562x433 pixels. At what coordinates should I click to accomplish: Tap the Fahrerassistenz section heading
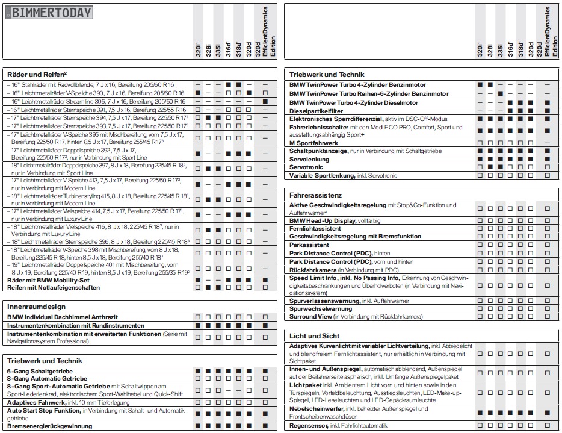(x=315, y=195)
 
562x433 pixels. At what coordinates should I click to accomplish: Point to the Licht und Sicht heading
(x=314, y=336)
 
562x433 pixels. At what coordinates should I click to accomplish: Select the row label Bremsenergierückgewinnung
(x=50, y=426)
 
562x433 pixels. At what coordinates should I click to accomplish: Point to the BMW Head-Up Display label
(x=323, y=221)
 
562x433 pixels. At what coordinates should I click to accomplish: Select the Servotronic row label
(x=307, y=167)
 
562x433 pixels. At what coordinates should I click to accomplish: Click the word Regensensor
(x=309, y=426)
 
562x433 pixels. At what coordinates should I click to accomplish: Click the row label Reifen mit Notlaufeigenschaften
(x=54, y=287)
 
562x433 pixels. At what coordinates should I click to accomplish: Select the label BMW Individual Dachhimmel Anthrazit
(x=63, y=317)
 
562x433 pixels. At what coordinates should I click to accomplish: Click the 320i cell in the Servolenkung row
(x=480, y=159)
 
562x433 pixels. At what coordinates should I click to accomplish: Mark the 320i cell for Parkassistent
(x=480, y=245)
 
